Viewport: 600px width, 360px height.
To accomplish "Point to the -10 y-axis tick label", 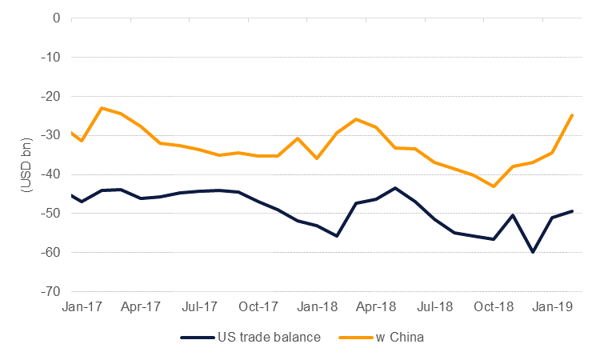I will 54,57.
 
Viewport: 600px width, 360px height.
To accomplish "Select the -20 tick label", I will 54,96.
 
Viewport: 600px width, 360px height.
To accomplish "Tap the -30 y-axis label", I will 54,135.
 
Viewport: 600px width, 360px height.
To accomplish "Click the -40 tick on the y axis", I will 54,174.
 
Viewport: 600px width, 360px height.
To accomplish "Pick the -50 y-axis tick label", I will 54,214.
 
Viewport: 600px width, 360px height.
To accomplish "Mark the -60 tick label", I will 54,253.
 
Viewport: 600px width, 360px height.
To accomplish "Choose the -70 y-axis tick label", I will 54,292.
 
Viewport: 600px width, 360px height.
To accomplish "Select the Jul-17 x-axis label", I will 201,306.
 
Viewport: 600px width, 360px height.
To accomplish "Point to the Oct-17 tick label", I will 259,306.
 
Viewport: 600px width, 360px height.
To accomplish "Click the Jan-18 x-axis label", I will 318,306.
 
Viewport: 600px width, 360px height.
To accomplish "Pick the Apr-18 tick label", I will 377,306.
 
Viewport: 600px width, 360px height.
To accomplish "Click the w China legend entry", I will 397,337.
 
